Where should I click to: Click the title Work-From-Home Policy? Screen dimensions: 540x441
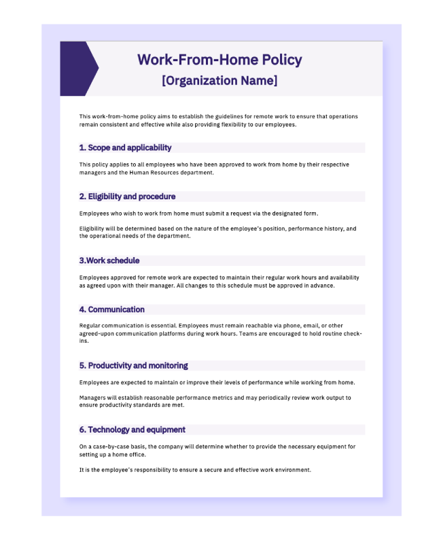tap(219, 60)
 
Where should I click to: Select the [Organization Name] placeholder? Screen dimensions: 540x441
tap(219, 81)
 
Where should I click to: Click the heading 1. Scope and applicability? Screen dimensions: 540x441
tap(125, 148)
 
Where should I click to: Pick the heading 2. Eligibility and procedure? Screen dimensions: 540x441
tap(127, 197)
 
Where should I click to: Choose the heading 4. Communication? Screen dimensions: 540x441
tap(111, 309)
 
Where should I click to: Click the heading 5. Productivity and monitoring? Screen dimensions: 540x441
tap(133, 365)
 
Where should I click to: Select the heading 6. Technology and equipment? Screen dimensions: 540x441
tap(132, 430)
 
